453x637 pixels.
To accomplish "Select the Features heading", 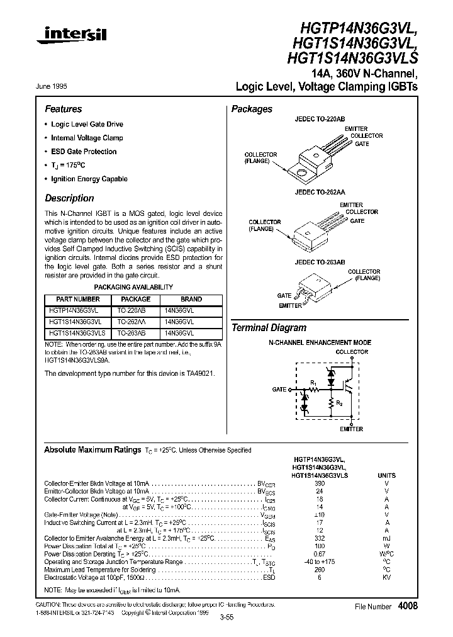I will tap(63, 109).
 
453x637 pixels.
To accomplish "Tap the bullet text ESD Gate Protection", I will tap(84, 152).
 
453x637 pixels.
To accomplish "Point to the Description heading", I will tap(69, 198).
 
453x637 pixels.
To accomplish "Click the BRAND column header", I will tap(191, 300).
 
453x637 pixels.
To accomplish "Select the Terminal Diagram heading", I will tap(269, 328).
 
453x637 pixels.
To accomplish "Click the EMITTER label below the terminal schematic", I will tap(351, 429).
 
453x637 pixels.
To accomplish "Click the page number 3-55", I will tap(226, 617).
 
